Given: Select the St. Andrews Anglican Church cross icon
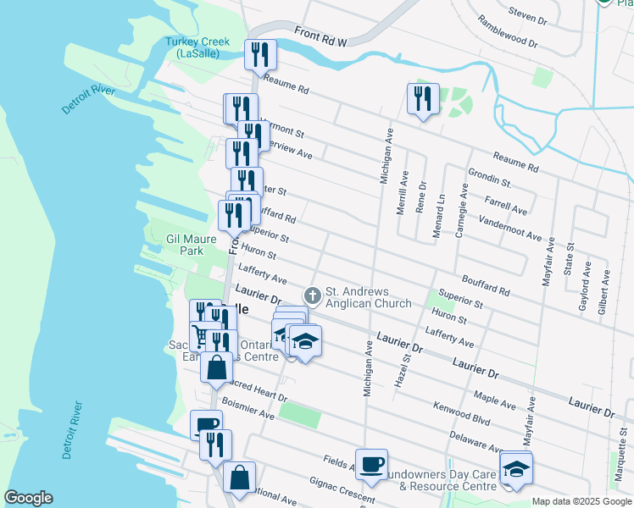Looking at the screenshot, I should coord(313,295).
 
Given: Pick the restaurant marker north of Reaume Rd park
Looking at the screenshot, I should coord(421,98).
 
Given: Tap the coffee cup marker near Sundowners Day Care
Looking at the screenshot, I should coord(371,463).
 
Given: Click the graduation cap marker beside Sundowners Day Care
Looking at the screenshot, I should coord(514,467).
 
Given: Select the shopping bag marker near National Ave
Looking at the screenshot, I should coord(240,477).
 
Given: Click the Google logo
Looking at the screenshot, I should coord(28,498).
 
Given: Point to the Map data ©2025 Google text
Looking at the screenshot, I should coord(581,501).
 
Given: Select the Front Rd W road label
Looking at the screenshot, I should coord(323,36).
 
